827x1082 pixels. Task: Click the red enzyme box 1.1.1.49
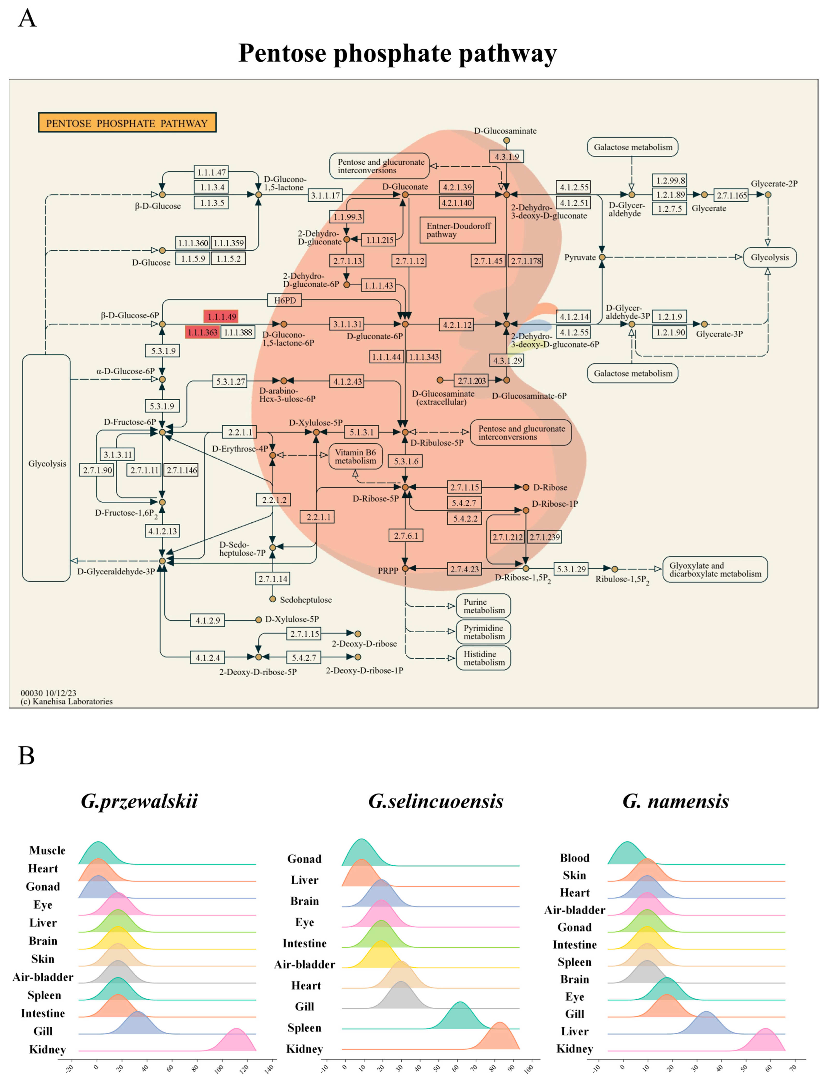pos(221,316)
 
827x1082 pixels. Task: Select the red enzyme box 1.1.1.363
pos(202,332)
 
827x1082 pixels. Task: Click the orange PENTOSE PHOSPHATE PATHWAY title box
pos(127,123)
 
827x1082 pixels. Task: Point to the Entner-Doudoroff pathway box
pos(458,230)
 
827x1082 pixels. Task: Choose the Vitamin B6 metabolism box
pos(355,456)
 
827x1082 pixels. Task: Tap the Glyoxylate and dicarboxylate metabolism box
pos(715,570)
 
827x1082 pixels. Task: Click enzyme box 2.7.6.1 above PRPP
pos(406,536)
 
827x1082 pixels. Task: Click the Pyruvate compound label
pos(580,257)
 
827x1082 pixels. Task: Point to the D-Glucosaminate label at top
pos(505,131)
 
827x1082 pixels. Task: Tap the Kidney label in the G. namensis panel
pos(574,1049)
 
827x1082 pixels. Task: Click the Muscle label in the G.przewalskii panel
pos(47,850)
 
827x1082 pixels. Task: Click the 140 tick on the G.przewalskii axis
pos(269,1068)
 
